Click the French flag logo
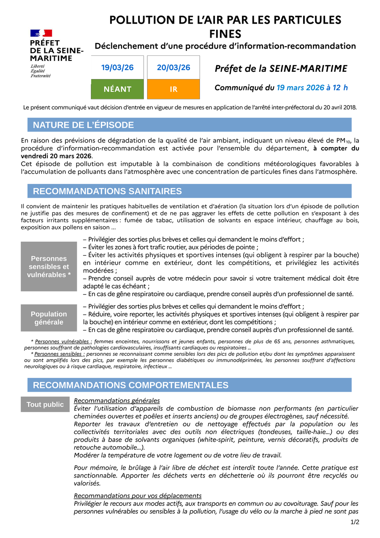[41, 33]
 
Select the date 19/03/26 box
[117, 68]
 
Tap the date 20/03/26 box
[174, 68]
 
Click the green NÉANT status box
[117, 89]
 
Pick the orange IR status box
[174, 89]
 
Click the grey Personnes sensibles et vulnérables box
[49, 267]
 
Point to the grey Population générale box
[49, 318]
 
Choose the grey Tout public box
[45, 404]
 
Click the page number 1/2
[355, 522]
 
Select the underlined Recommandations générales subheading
[117, 400]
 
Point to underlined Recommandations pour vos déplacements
[138, 495]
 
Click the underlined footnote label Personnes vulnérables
[63, 341]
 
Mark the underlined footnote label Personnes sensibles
[60, 354]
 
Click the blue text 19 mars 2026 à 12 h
[312, 87]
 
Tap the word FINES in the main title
[225, 33]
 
